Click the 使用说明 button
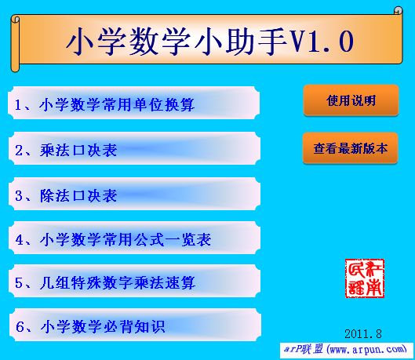351,100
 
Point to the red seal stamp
365,278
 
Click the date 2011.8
362,333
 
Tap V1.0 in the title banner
322,41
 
